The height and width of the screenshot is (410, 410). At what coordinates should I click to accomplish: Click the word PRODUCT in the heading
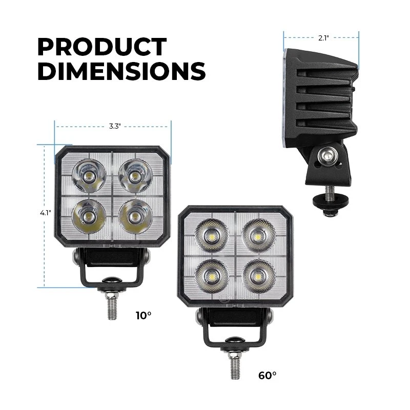(102, 47)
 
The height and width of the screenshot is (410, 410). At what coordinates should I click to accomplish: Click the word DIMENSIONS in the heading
(121, 71)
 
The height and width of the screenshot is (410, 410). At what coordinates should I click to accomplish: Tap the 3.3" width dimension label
(115, 127)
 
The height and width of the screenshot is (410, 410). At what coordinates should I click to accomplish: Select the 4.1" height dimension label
(46, 213)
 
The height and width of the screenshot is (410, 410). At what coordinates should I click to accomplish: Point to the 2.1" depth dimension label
(323, 38)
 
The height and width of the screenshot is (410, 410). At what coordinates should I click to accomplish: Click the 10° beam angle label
(143, 316)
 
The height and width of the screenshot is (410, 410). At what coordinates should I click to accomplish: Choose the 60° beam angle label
(267, 376)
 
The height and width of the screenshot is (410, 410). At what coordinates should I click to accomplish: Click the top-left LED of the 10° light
(89, 175)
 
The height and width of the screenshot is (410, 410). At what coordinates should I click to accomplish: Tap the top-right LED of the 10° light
(135, 175)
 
